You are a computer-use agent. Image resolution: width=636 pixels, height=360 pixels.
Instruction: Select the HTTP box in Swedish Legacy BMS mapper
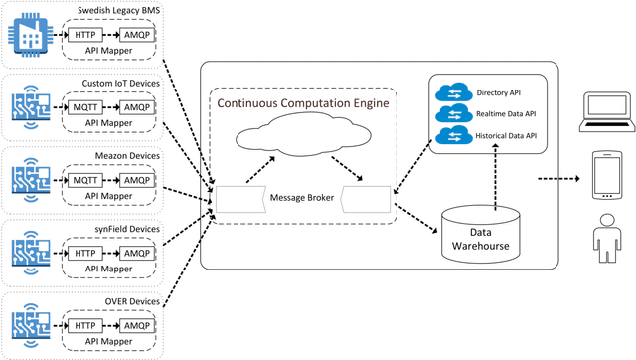point(84,34)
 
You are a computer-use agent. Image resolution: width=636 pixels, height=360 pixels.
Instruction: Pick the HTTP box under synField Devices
point(84,249)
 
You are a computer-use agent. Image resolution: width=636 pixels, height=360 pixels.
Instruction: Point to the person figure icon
point(607,240)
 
